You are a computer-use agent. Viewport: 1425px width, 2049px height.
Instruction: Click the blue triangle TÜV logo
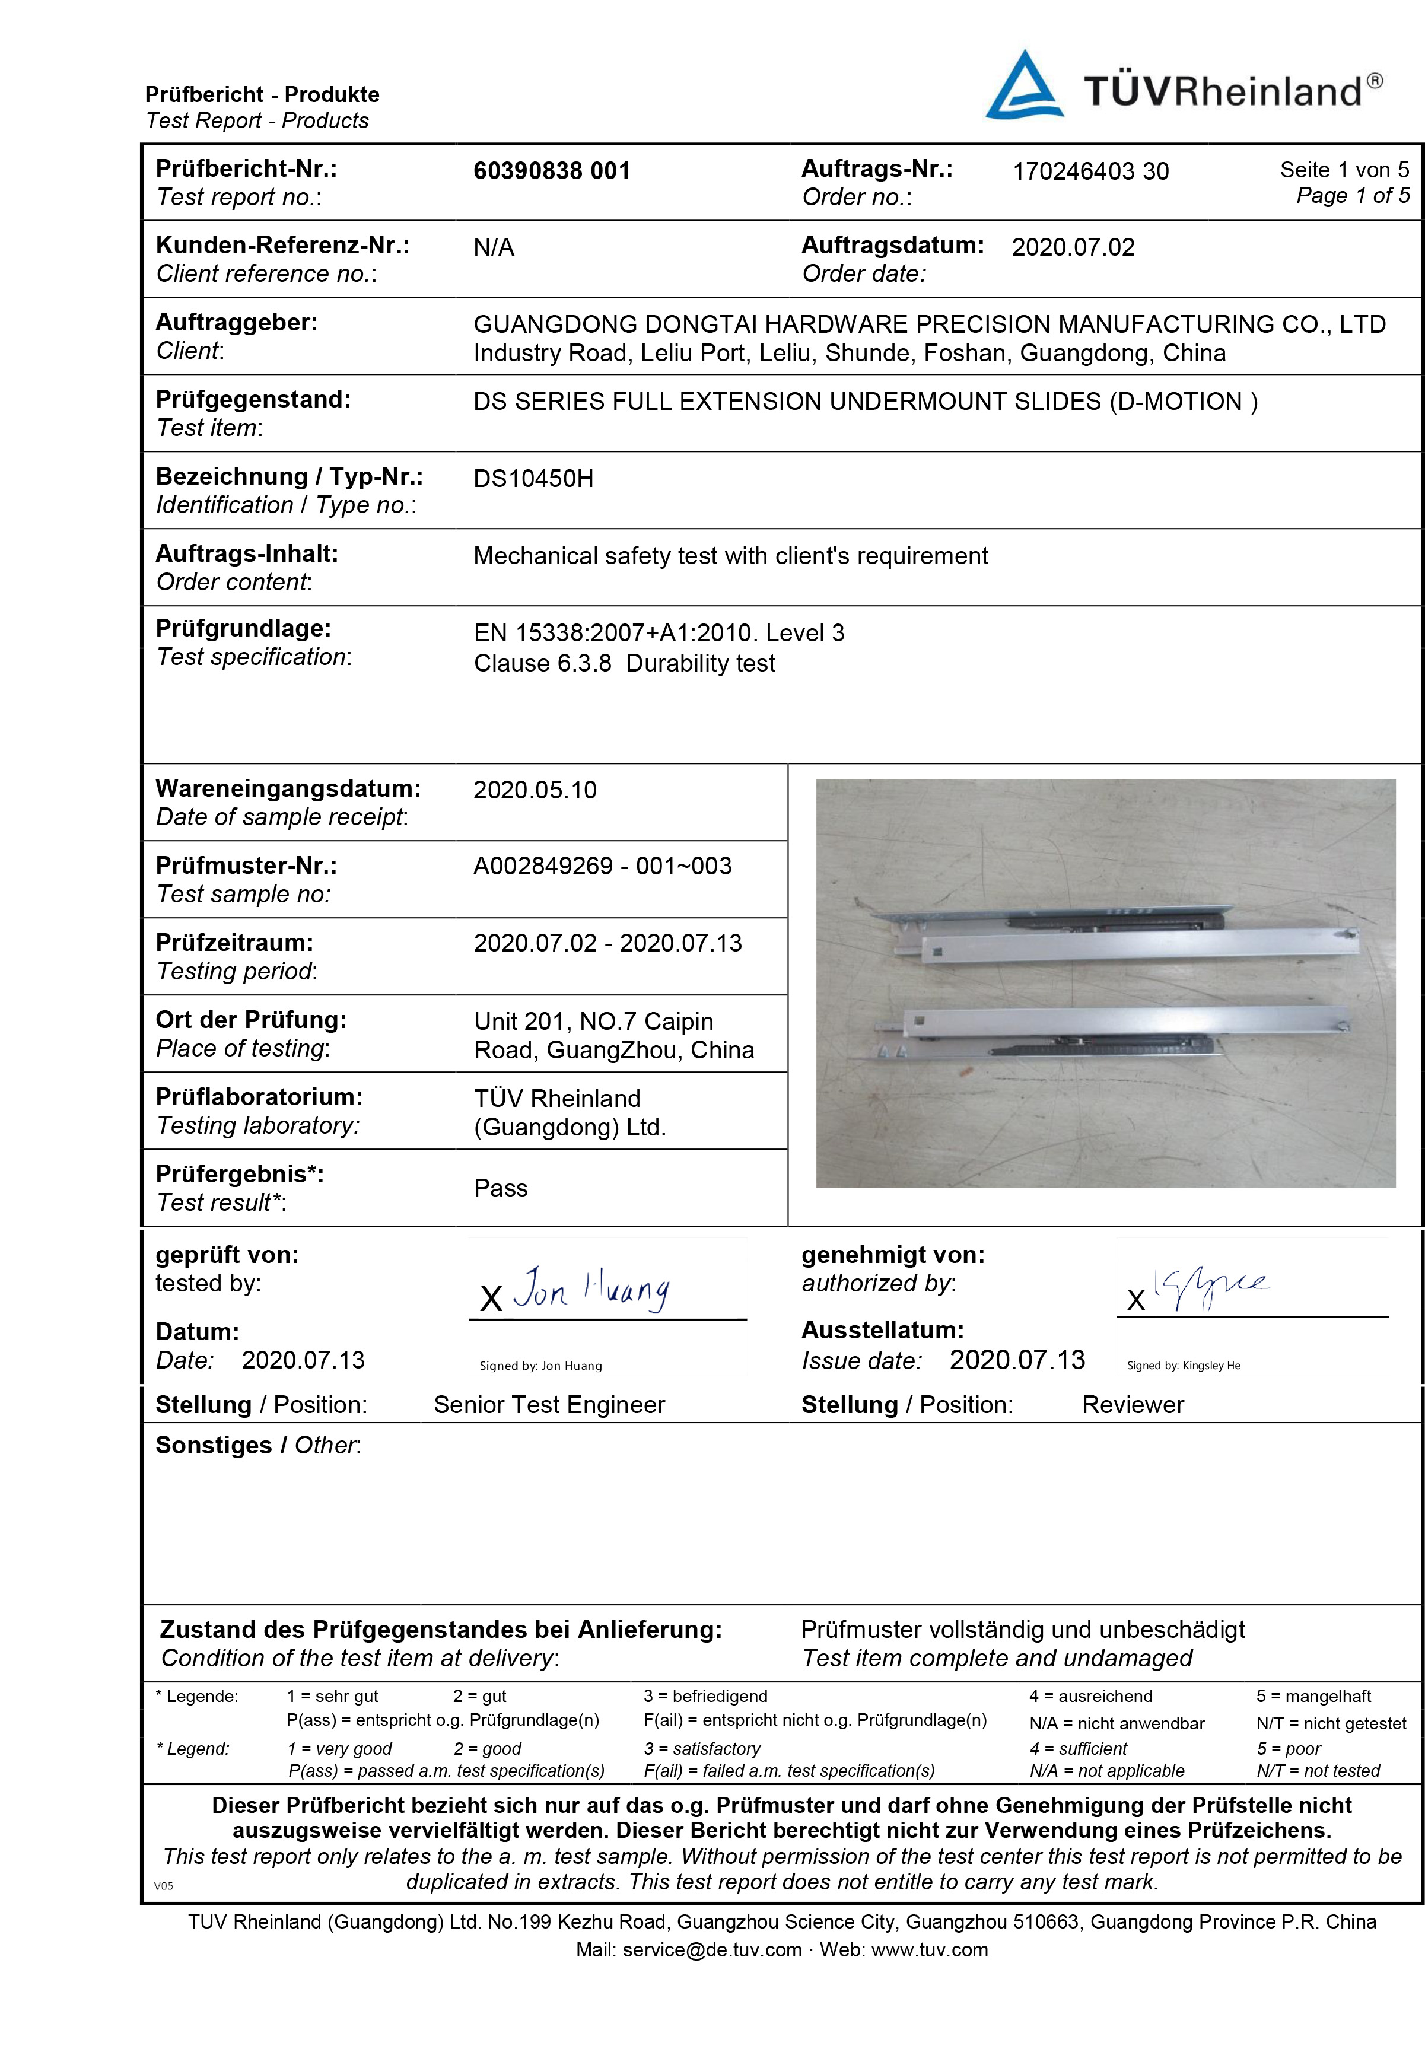tap(1023, 87)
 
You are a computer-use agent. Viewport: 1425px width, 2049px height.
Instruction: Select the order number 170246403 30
tap(1089, 171)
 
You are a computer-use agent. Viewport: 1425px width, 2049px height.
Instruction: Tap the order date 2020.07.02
tap(1073, 247)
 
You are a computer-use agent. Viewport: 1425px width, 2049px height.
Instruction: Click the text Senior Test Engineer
tap(549, 1405)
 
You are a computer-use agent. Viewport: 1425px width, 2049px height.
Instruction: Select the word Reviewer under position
tap(1133, 1405)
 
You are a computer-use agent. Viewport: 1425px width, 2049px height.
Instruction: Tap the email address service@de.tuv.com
tap(711, 1950)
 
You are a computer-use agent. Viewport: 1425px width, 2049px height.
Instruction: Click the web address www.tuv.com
tap(929, 1950)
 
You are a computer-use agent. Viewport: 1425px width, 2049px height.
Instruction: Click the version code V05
tap(163, 1886)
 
